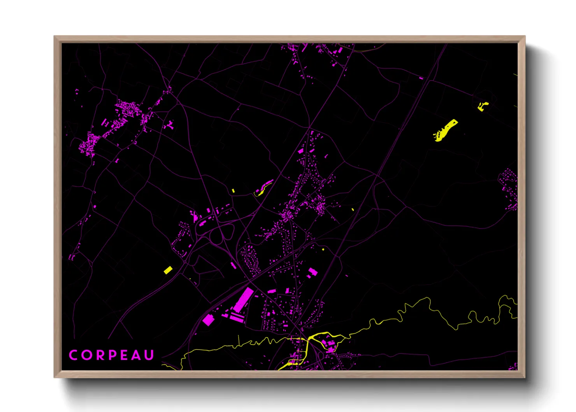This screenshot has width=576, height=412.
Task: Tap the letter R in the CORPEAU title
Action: click(x=99, y=355)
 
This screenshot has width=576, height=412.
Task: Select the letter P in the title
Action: click(x=112, y=355)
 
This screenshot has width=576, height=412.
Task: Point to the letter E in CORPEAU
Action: click(x=124, y=355)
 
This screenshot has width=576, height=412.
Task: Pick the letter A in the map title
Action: click(x=136, y=355)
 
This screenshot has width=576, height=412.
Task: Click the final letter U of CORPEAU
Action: click(x=149, y=355)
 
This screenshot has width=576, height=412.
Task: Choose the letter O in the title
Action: click(x=86, y=355)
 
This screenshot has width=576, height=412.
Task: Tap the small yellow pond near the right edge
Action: click(x=483, y=106)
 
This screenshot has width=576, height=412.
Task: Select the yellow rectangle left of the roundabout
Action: click(x=168, y=270)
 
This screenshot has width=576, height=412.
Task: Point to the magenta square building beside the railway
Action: click(x=208, y=320)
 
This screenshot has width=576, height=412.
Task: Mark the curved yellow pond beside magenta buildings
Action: click(x=264, y=188)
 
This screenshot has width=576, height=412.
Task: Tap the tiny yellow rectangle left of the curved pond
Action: click(x=233, y=190)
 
